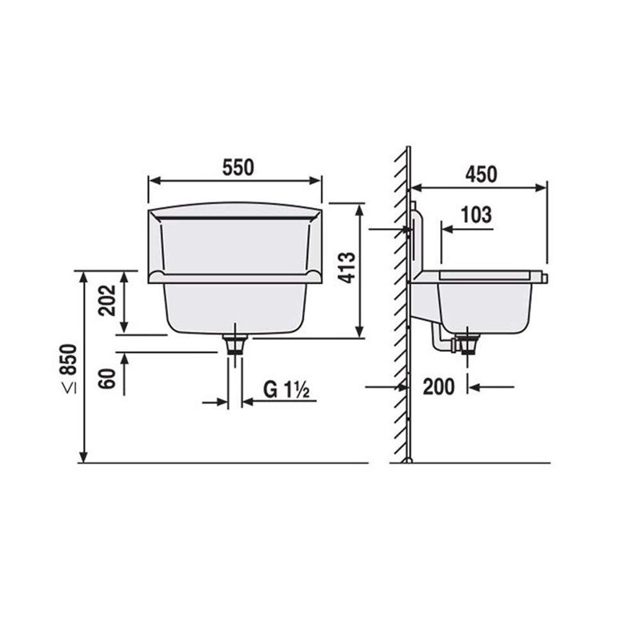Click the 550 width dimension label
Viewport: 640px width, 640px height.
238,167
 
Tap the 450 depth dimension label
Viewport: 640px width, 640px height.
482,174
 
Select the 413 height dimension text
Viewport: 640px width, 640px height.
347,268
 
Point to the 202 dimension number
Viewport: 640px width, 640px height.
108,301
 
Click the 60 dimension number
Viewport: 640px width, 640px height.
108,378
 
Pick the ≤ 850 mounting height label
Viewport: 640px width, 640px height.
69,369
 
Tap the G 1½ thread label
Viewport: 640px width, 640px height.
286,390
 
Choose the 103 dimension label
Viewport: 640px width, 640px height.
476,214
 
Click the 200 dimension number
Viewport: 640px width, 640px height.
438,386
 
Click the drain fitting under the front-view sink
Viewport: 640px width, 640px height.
235,344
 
